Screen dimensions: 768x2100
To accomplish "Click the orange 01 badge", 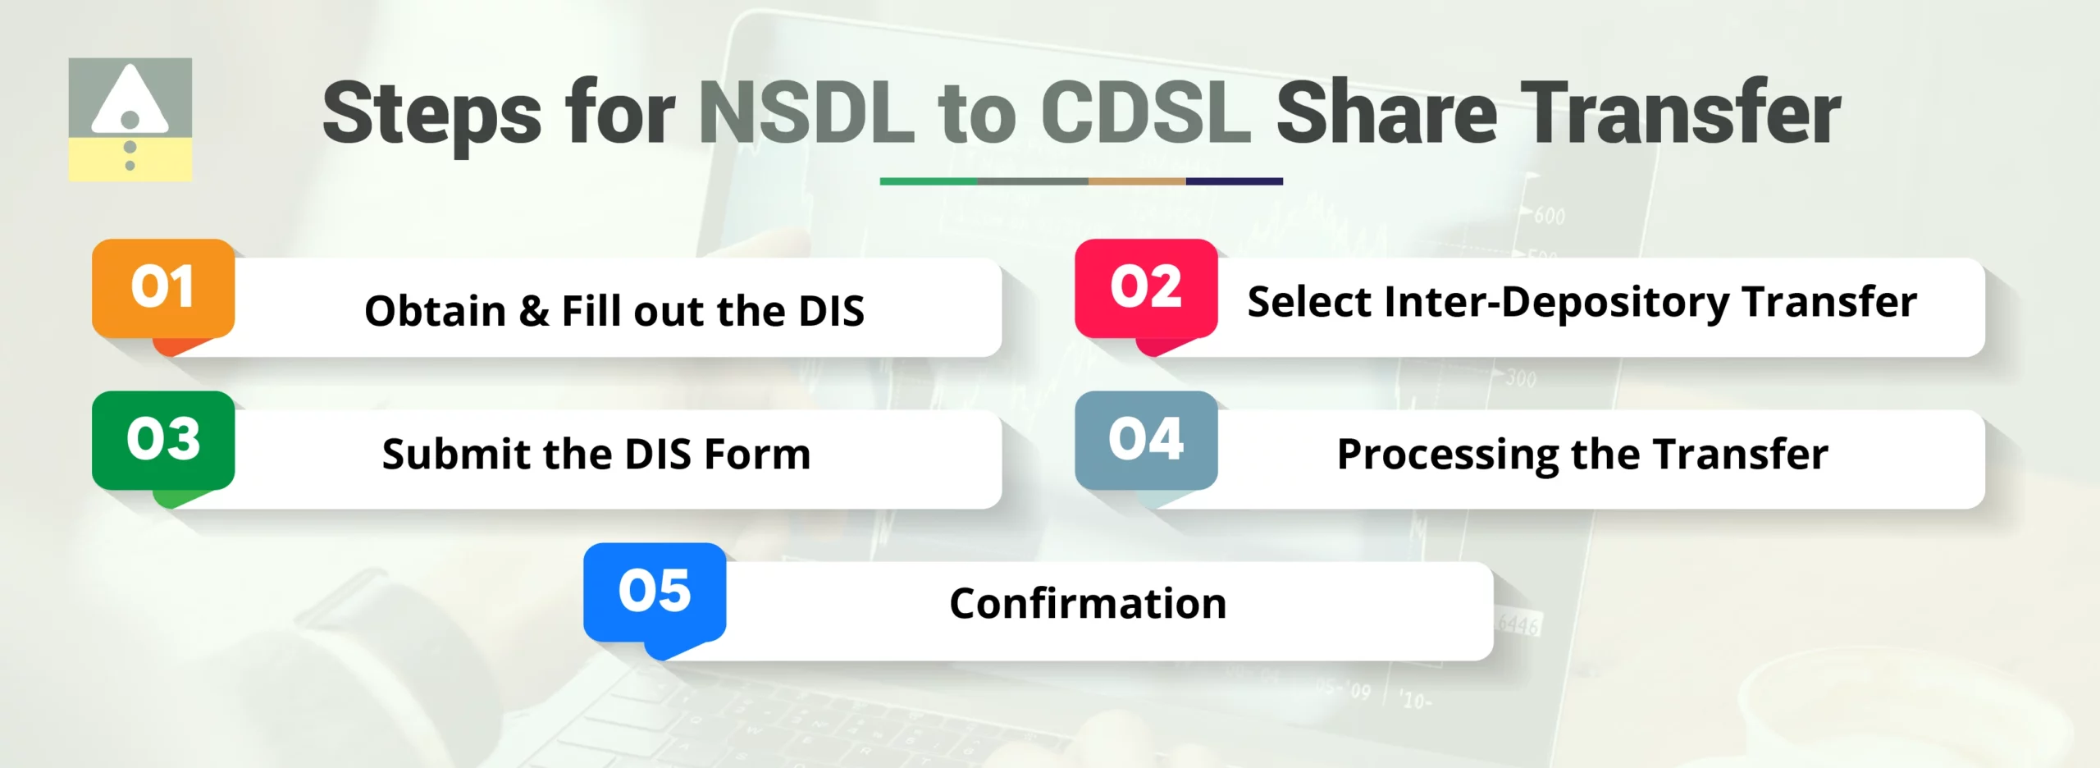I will pos(163,289).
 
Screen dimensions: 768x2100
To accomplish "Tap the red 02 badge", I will pos(1146,289).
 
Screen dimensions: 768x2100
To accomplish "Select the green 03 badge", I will pos(163,441).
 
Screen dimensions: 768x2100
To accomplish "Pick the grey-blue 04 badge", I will pos(1146,441).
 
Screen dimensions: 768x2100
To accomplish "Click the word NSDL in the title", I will pos(806,113).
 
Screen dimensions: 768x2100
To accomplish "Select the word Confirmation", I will pos(1088,604).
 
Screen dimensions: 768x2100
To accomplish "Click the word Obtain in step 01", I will pos(435,312).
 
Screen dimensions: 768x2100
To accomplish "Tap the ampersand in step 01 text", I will pos(534,312).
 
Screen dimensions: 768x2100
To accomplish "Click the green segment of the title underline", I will pos(928,181).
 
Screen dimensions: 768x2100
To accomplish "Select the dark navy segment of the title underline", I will pos(1234,181).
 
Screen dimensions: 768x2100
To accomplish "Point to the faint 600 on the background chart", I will pos(1550,217).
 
